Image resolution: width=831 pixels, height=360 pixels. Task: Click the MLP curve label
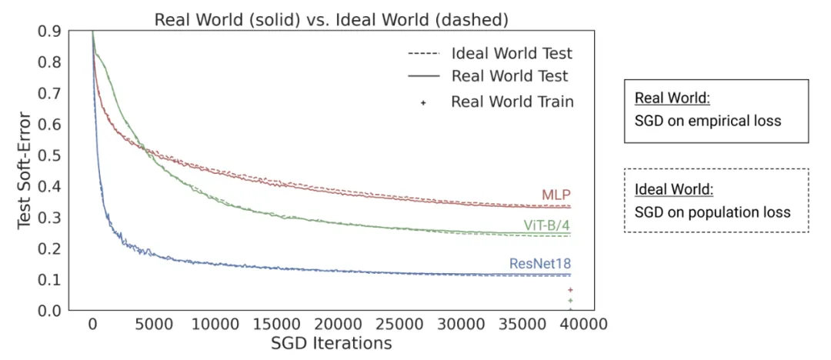coord(556,195)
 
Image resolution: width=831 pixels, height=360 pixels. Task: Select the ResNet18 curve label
coord(540,265)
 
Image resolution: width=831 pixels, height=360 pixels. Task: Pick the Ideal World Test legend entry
coord(511,54)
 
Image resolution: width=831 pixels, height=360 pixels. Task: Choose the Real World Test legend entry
coord(509,76)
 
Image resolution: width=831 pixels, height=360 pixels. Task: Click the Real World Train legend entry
coord(512,102)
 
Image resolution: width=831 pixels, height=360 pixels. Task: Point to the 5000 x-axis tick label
coord(153,325)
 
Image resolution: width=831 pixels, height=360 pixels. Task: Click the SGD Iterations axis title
coord(331,343)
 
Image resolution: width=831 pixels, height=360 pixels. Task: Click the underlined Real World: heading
coord(671,99)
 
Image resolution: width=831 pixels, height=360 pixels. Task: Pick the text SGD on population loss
coord(713,212)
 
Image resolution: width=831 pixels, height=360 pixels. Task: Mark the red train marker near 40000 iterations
coord(570,290)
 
